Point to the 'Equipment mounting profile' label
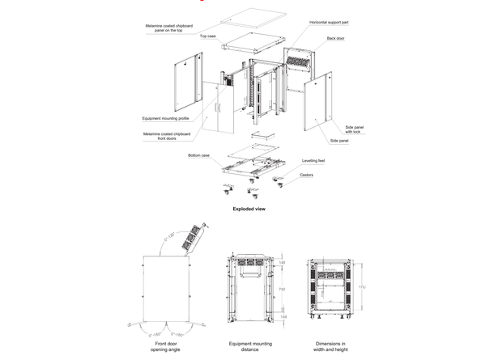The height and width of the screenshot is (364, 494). pyautogui.click(x=165, y=117)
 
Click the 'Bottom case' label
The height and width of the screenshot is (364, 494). pyautogui.click(x=198, y=154)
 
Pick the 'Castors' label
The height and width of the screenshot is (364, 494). pyautogui.click(x=306, y=175)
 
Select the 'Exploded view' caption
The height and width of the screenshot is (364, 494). pyautogui.click(x=249, y=209)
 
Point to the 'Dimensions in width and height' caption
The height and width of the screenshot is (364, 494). pyautogui.click(x=330, y=347)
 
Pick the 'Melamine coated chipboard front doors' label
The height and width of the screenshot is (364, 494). pyautogui.click(x=166, y=135)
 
